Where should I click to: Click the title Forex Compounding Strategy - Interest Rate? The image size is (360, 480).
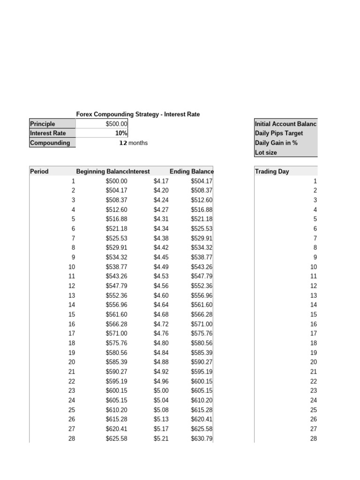pos(138,114)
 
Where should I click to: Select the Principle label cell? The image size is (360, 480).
pos(43,124)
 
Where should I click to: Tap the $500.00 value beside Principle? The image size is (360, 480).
pos(116,124)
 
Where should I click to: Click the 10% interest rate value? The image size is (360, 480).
pos(121,133)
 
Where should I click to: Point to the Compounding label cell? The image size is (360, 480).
pos(50,143)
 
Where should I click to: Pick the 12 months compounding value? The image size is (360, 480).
pos(133,143)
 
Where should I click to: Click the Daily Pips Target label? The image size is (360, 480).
pos(279,133)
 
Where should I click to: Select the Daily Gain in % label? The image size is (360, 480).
pos(276,143)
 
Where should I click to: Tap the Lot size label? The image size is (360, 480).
pos(266,152)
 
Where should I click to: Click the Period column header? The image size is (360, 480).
pos(39,172)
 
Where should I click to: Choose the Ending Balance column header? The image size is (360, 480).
pos(191,172)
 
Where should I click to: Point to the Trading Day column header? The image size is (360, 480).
pos(272,172)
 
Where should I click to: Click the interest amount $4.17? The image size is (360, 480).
pos(161,181)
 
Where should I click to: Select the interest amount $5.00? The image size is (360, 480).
pos(161,390)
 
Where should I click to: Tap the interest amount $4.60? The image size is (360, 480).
pos(161,295)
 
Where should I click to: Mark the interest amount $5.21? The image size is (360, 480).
pos(161,438)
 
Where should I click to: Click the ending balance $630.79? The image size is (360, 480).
pos(202,438)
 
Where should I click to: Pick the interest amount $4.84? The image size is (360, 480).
pos(161,352)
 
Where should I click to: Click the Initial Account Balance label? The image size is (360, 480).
pos(285,124)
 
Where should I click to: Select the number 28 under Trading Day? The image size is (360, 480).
pos(314,438)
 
